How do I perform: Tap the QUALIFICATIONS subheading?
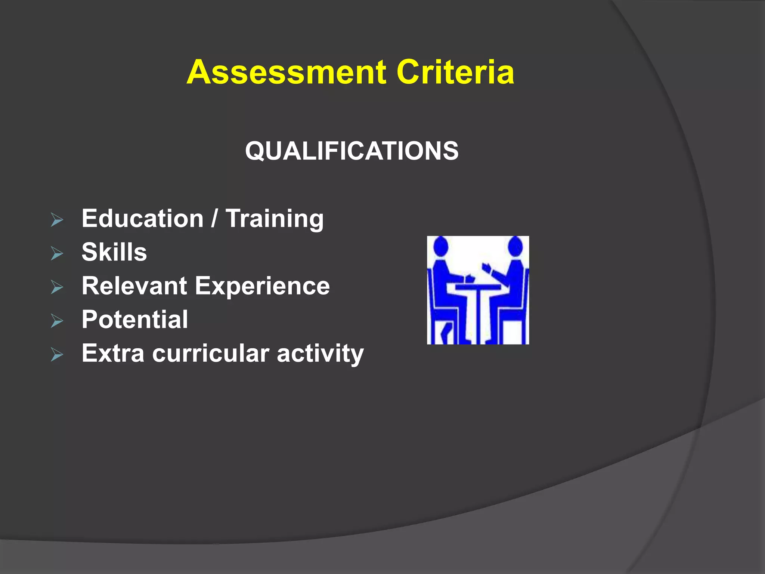coord(351,151)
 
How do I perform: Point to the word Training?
coord(275,219)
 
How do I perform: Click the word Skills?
coord(114,252)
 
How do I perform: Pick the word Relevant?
coord(134,286)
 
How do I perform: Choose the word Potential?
coord(134,320)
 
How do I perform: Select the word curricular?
coord(211,353)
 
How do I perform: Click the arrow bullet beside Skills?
coord(57,254)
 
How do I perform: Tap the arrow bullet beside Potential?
coord(57,321)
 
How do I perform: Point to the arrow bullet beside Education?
coord(57,220)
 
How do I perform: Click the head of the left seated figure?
coord(441,246)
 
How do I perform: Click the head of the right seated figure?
coord(515,246)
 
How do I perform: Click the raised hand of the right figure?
coord(486,267)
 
